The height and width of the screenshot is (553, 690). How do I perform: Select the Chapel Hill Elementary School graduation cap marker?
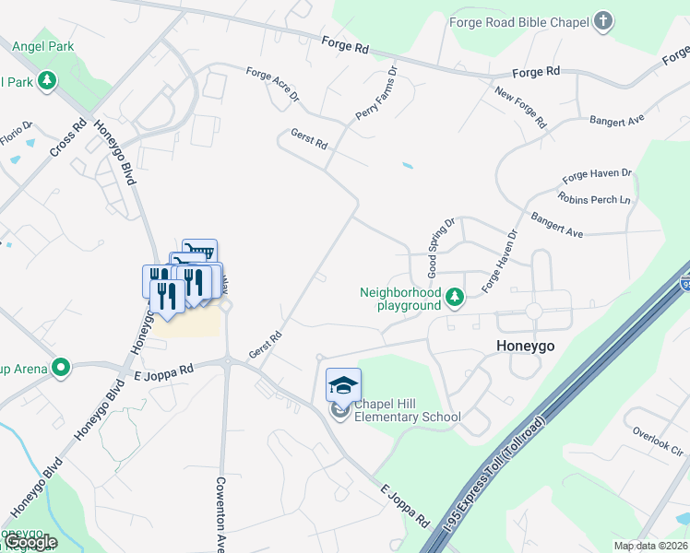pos(343,385)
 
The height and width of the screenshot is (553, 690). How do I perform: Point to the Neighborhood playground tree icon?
pos(454,298)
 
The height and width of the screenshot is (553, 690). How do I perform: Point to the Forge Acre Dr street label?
pos(273,84)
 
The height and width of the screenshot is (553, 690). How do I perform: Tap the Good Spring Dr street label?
pos(440,248)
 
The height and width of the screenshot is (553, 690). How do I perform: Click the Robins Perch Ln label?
pos(593,198)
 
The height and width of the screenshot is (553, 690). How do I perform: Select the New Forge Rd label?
pos(520,107)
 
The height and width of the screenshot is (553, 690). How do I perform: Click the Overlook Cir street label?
pos(656,438)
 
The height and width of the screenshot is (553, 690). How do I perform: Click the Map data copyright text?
pos(651,546)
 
